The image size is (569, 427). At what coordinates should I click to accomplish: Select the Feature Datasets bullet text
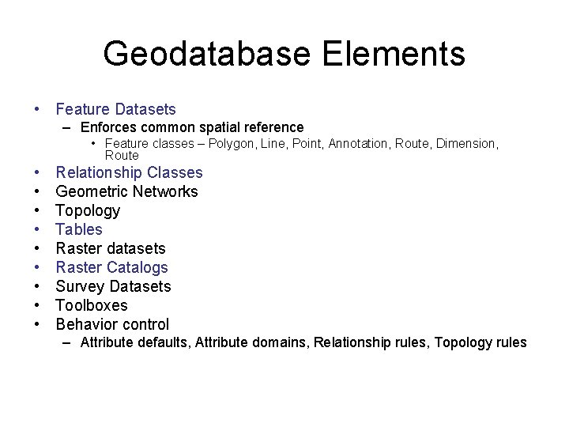coord(115,109)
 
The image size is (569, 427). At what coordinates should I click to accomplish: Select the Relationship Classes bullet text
coord(129,172)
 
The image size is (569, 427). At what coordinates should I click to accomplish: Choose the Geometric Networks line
coord(126,191)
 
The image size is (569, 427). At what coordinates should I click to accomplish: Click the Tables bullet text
coord(79,229)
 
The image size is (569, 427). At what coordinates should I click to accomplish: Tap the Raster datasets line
coord(111,248)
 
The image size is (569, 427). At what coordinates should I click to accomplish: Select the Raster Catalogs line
coord(111,267)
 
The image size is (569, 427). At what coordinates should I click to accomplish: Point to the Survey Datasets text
coord(113,286)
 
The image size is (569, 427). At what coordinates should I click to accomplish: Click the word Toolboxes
coord(91,305)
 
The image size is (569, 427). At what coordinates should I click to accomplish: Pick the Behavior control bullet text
coord(112,324)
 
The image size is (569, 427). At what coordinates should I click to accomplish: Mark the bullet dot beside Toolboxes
coord(37,305)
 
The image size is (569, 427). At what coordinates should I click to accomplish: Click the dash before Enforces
coord(69,127)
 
